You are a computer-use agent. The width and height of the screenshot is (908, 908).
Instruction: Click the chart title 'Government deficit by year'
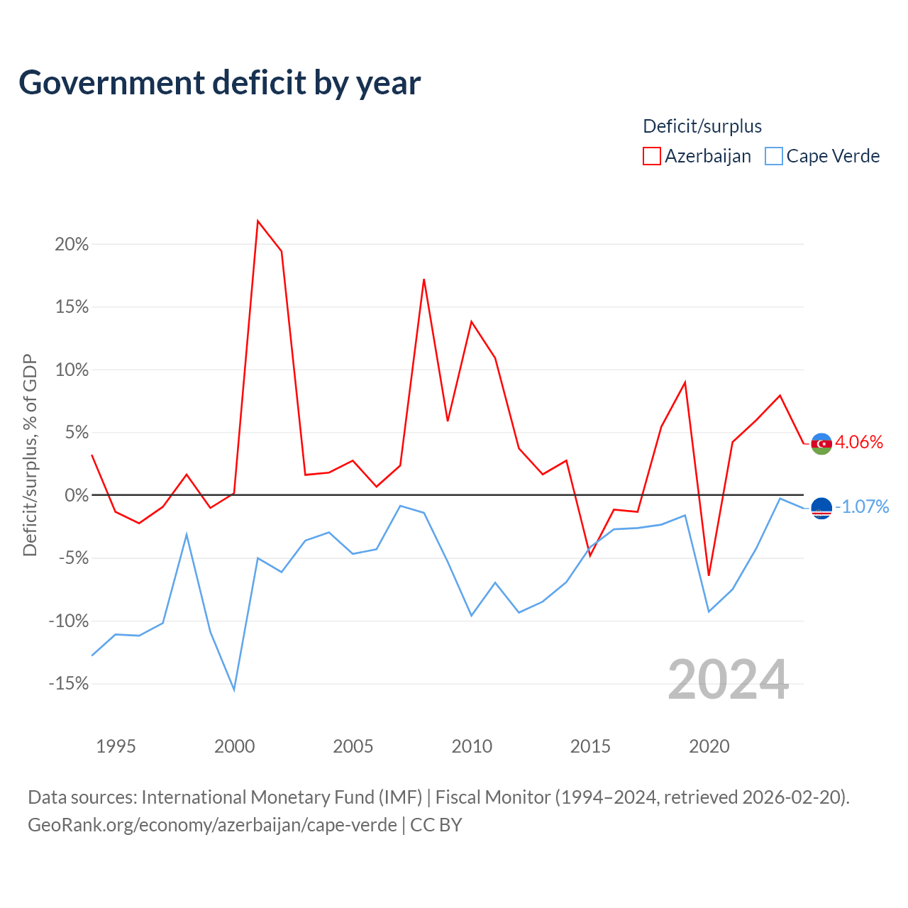tap(219, 83)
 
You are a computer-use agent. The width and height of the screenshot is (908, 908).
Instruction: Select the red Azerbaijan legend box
tap(651, 156)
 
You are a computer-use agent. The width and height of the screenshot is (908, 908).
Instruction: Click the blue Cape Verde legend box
tap(773, 156)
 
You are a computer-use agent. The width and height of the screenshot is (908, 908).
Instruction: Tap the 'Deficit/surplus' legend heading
tap(702, 126)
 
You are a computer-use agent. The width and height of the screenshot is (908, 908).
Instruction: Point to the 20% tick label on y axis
tap(72, 245)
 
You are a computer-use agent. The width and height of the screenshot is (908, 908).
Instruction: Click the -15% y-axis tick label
tap(69, 683)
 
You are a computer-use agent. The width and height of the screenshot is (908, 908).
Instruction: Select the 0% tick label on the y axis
tap(77, 495)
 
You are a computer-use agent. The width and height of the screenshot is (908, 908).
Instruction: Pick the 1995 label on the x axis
tap(116, 746)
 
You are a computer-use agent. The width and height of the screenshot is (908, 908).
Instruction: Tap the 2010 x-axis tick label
tap(472, 746)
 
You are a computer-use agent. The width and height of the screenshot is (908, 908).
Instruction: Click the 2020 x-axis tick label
tap(709, 746)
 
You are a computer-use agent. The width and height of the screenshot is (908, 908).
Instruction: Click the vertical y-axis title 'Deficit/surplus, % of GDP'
tap(30, 455)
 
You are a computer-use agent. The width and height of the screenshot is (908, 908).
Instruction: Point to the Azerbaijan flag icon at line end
tap(821, 444)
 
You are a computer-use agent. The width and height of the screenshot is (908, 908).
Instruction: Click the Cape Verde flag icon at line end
tap(821, 509)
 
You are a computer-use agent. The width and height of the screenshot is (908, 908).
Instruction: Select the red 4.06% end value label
tap(859, 443)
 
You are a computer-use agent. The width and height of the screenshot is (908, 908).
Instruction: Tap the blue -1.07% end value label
tap(862, 507)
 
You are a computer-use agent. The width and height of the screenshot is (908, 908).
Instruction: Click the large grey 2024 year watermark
tap(728, 680)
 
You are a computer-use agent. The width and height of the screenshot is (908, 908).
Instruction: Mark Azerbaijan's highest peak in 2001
tap(258, 221)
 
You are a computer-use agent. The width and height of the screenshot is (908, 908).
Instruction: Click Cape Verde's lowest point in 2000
tap(234, 690)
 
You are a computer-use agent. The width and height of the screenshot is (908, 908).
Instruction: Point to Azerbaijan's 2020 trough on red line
tap(709, 575)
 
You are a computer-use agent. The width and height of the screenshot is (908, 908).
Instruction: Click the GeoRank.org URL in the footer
tap(213, 825)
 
